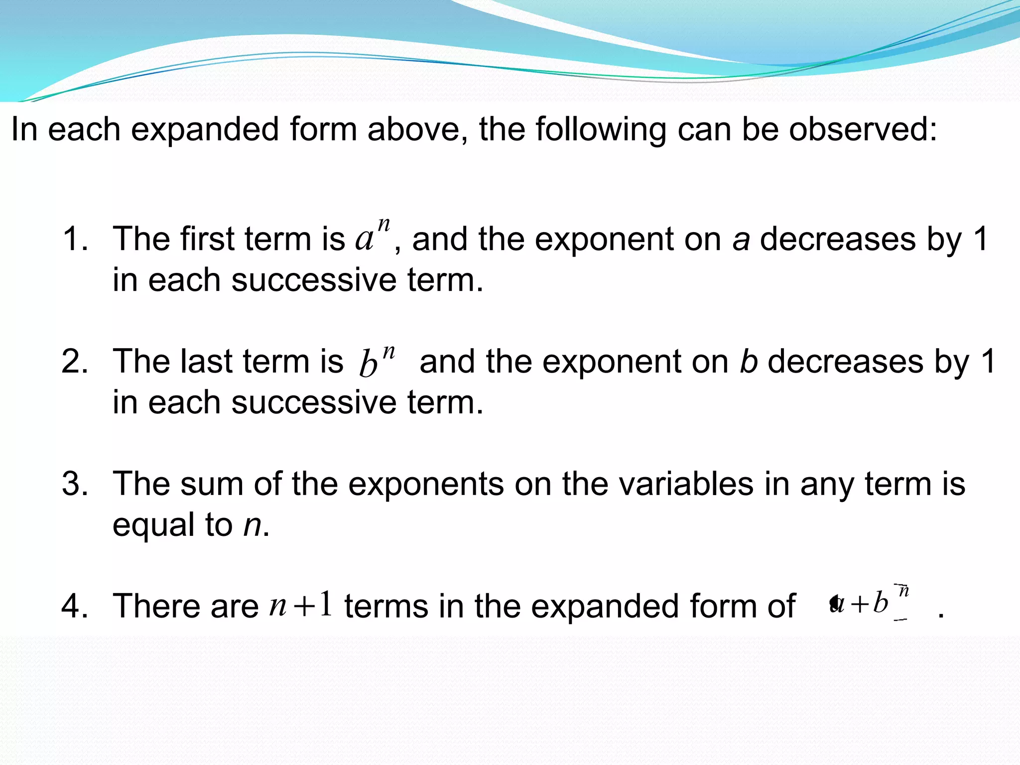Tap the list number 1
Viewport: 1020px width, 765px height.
pyautogui.click(x=75, y=239)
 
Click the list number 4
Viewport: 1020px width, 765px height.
pyautogui.click(x=75, y=606)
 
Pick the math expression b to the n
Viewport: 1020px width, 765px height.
pyautogui.click(x=377, y=360)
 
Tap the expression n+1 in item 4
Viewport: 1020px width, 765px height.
pyautogui.click(x=301, y=605)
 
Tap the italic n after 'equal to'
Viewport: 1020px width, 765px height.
pyautogui.click(x=253, y=525)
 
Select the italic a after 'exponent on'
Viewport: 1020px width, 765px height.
pyautogui.click(x=741, y=240)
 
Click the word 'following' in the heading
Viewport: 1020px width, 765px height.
pyautogui.click(x=600, y=129)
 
